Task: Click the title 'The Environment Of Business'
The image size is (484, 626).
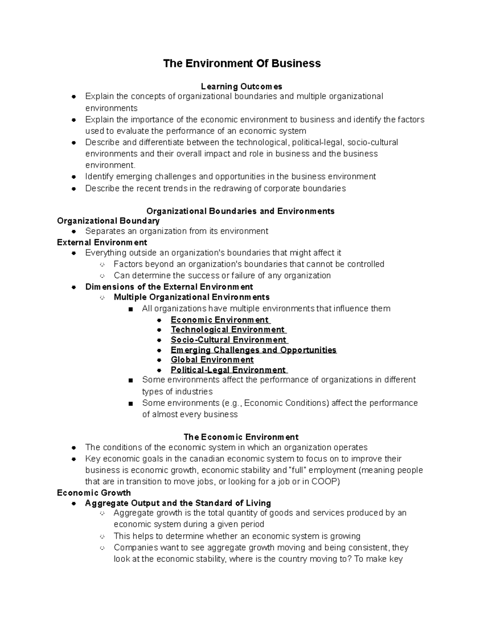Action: tap(242, 63)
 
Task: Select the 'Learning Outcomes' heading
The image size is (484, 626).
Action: tap(242, 86)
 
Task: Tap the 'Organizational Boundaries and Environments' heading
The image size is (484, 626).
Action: tap(240, 211)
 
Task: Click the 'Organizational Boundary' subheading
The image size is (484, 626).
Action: tap(108, 221)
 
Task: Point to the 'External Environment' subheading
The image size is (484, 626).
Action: tap(102, 242)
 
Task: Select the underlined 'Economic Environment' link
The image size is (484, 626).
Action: tap(220, 320)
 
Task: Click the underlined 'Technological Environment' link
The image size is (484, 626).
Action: tap(228, 330)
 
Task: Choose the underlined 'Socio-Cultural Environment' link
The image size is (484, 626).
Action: tap(229, 340)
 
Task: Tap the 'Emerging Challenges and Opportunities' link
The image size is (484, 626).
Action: tap(253, 350)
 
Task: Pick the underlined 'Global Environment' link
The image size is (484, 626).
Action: tap(212, 360)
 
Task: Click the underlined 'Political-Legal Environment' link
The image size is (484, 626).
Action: tap(228, 370)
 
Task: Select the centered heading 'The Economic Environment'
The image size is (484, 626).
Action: tap(241, 437)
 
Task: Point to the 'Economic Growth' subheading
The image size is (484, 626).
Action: tap(94, 493)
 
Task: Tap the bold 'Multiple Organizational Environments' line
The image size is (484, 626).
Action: tap(192, 297)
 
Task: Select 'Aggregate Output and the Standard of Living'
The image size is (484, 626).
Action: tap(178, 503)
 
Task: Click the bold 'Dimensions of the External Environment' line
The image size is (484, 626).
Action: tap(169, 287)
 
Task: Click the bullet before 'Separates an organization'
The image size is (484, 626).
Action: tap(74, 231)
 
